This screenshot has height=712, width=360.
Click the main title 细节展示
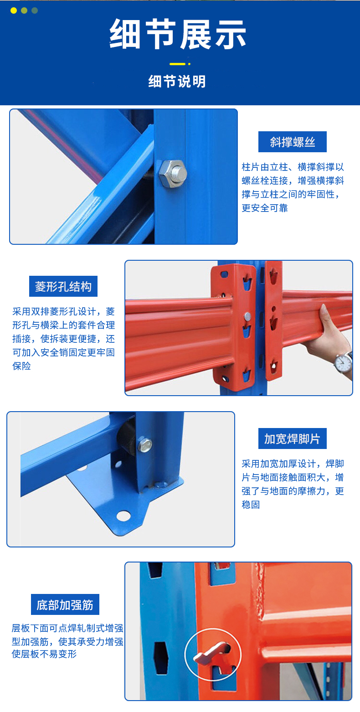pyautogui.click(x=178, y=34)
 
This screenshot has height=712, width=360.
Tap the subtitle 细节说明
pyautogui.click(x=177, y=82)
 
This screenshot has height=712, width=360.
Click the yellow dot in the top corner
pyautogui.click(x=14, y=10)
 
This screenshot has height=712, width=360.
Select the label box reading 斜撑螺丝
pyautogui.click(x=292, y=142)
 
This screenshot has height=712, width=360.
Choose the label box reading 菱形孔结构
pyautogui.click(x=63, y=286)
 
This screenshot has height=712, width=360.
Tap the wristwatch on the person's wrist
pyautogui.click(x=343, y=362)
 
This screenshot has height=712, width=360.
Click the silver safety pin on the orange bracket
pyautogui.click(x=247, y=316)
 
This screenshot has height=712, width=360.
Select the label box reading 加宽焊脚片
pyautogui.click(x=292, y=439)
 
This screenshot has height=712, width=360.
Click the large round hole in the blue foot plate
pyautogui.click(x=123, y=516)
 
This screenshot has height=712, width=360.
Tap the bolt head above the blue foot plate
pyautogui.click(x=144, y=444)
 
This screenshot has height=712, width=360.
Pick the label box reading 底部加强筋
pyautogui.click(x=65, y=604)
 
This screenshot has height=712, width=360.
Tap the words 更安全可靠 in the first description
pyautogui.click(x=265, y=208)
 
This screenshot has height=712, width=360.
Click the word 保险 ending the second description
pyautogui.click(x=21, y=366)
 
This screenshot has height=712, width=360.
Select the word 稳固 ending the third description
pyautogui.click(x=251, y=505)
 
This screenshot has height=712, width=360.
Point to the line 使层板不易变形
pyautogui.click(x=44, y=654)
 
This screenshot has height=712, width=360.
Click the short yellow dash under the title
pyautogui.click(x=177, y=64)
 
